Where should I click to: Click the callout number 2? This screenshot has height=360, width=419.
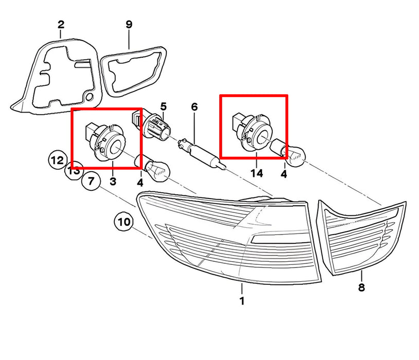click(x=61, y=25)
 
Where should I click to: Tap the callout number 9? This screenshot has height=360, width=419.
click(x=129, y=25)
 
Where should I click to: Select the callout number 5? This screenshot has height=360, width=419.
click(x=163, y=106)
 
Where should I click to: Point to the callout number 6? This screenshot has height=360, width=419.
click(x=194, y=107)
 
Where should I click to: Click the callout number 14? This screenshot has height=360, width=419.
click(x=256, y=173)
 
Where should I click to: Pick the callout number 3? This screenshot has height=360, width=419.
click(x=113, y=182)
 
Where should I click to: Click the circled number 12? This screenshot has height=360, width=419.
click(x=58, y=160)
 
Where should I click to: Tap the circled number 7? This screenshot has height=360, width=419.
click(x=91, y=182)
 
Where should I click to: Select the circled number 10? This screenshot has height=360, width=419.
click(x=124, y=222)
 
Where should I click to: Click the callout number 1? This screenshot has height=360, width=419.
click(x=242, y=301)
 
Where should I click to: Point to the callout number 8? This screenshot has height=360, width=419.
click(x=361, y=287)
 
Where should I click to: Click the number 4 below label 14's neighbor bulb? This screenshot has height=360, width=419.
click(x=284, y=174)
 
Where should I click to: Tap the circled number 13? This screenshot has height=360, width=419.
click(x=74, y=170)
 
